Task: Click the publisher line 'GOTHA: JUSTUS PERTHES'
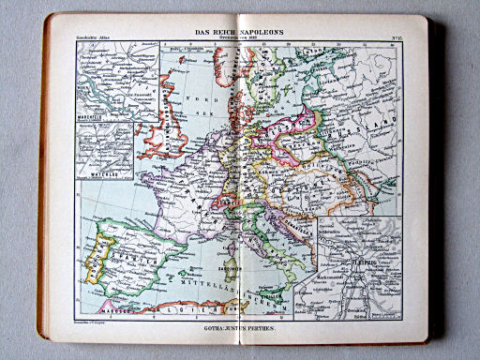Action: pyautogui.click(x=240, y=330)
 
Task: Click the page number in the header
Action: pyautogui.click(x=397, y=37)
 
